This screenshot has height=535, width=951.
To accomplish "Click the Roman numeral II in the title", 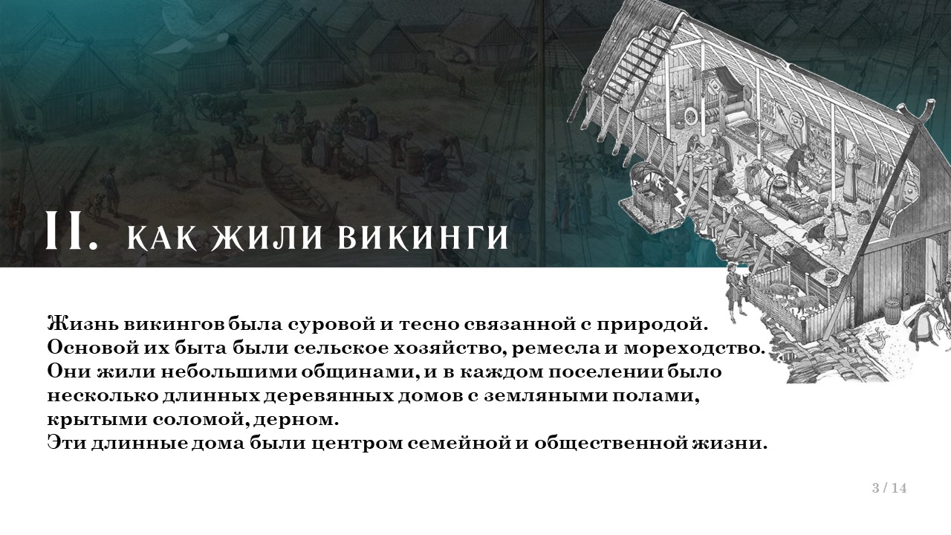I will pos(71,231).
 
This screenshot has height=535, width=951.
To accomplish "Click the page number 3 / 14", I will pos(889,488).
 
